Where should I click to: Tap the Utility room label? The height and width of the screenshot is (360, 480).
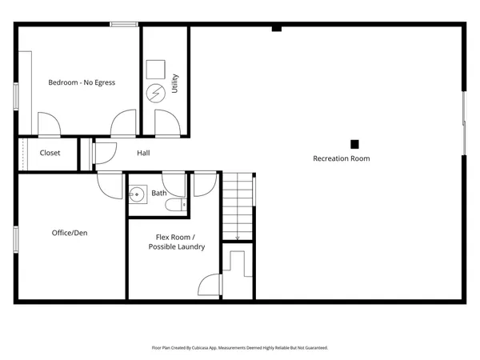click(x=175, y=83)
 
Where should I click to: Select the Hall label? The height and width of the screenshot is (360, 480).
click(x=143, y=153)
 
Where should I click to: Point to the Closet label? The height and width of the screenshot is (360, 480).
click(x=50, y=153)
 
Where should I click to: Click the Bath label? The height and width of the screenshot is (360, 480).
click(x=159, y=193)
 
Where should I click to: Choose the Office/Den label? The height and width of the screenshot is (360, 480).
click(x=70, y=233)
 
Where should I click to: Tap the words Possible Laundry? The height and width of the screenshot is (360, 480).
click(x=176, y=246)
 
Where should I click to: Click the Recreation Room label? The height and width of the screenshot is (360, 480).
click(x=341, y=158)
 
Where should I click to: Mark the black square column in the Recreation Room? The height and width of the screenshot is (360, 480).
click(x=354, y=144)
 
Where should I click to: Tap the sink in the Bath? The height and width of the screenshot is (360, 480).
click(x=137, y=194)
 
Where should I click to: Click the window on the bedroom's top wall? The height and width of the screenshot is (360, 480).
click(x=125, y=25)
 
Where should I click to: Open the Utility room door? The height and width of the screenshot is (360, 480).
click(x=166, y=124)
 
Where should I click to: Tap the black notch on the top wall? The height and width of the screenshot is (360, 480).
click(x=276, y=29)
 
